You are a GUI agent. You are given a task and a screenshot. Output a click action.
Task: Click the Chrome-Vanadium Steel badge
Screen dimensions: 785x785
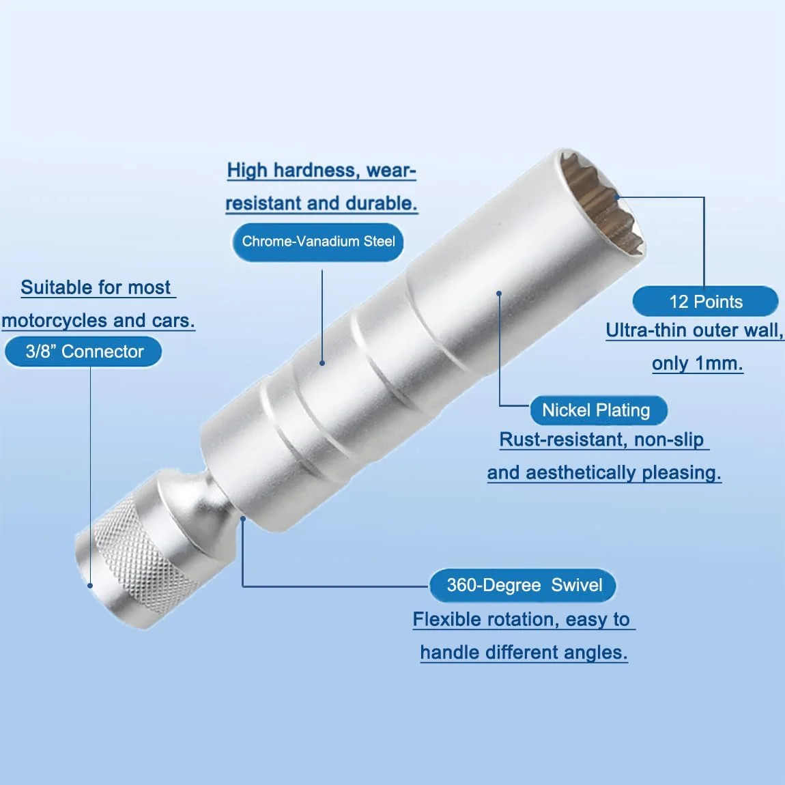pyautogui.click(x=318, y=242)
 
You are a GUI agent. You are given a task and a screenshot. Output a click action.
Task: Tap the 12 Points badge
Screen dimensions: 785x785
pyautogui.click(x=705, y=302)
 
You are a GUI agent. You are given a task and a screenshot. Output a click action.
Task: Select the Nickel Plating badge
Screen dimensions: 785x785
pyautogui.click(x=598, y=410)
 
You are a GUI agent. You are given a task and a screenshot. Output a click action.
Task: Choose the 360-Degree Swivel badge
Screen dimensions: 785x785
pyautogui.click(x=523, y=585)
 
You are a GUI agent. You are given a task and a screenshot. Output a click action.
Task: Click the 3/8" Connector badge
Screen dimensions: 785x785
pyautogui.click(x=83, y=352)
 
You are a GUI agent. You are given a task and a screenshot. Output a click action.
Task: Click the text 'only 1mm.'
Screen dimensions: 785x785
pyautogui.click(x=697, y=363)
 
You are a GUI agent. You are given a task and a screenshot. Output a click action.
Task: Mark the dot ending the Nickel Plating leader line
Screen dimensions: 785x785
pyautogui.click(x=498, y=294)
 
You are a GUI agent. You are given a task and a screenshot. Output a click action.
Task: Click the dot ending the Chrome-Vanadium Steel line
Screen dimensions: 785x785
pyautogui.click(x=322, y=363)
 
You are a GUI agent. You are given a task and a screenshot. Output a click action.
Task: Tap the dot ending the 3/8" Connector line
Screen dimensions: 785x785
pyautogui.click(x=90, y=585)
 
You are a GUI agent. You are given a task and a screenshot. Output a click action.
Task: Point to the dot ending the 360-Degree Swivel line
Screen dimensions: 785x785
pyautogui.click(x=243, y=519)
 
